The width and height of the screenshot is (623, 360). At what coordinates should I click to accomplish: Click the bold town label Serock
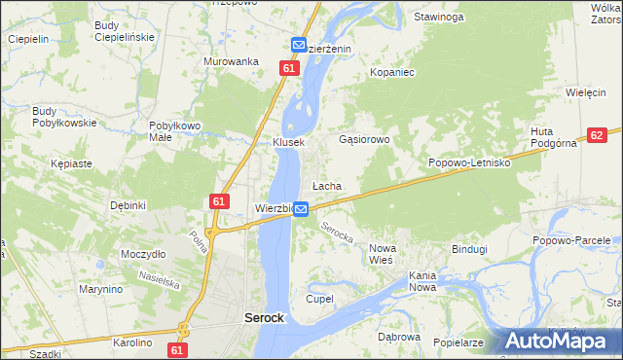pyautogui.click(x=263, y=318)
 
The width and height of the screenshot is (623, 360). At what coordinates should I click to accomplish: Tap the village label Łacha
pyautogui.click(x=325, y=185)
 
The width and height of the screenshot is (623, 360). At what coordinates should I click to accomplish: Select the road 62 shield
pyautogui.click(x=598, y=136)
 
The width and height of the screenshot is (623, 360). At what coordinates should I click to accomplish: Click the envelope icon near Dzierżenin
pyautogui.click(x=299, y=46)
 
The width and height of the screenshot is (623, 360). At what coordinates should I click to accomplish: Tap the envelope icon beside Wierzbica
pyautogui.click(x=301, y=209)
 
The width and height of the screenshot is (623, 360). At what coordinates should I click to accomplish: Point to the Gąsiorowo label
pyautogui.click(x=363, y=139)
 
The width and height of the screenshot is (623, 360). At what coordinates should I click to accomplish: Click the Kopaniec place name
pyautogui.click(x=393, y=73)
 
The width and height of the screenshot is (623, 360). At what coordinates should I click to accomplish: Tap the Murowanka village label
pyautogui.click(x=231, y=61)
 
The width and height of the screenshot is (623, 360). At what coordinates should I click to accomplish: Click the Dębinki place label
pyautogui.click(x=128, y=205)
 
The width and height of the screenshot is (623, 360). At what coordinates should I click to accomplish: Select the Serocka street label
pyautogui.click(x=336, y=234)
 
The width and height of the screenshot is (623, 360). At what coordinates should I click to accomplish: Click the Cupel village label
pyautogui.click(x=319, y=298)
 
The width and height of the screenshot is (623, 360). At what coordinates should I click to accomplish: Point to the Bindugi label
pyautogui.click(x=468, y=249)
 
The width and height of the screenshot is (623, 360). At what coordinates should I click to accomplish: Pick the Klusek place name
pyautogui.click(x=289, y=142)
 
